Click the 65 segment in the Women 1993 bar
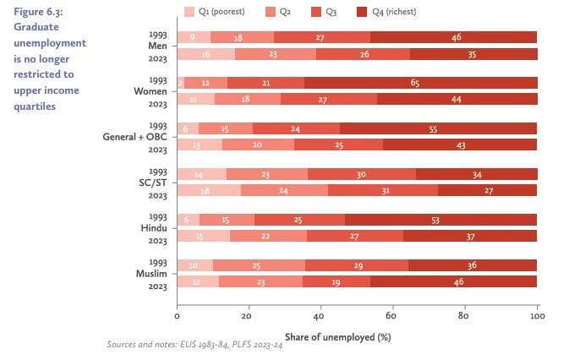[420, 83]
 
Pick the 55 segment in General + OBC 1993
[438, 128]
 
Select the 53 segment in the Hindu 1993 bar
[440, 219]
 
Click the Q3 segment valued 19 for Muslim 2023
[336, 281]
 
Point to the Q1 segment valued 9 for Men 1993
[194, 37]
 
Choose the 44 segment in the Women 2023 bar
[457, 99]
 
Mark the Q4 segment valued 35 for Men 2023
[473, 53]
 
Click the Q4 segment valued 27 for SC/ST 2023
[487, 190]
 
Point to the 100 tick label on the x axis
[536, 317]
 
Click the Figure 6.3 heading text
[42, 11]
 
